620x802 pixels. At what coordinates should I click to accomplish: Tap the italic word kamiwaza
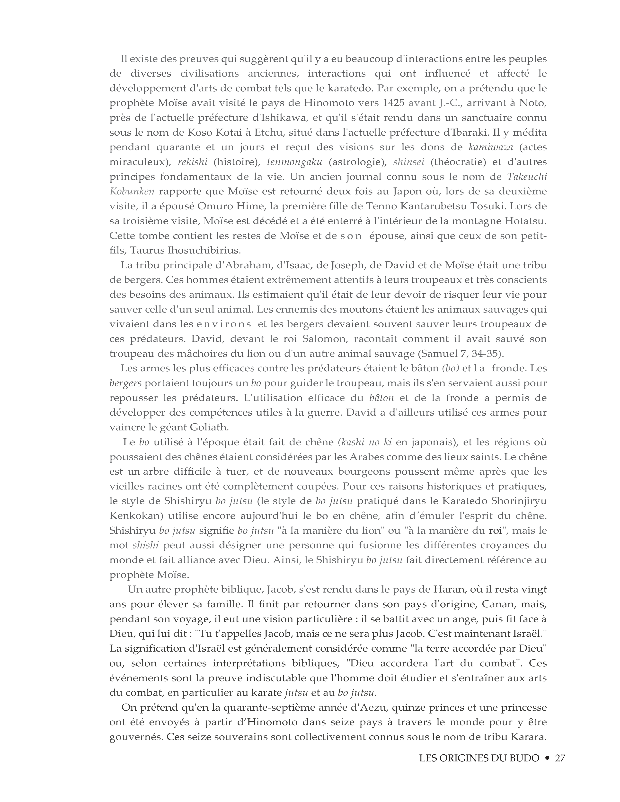(491, 147)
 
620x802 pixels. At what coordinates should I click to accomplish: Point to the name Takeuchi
(527, 177)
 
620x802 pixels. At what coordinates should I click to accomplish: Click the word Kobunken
(132, 191)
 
